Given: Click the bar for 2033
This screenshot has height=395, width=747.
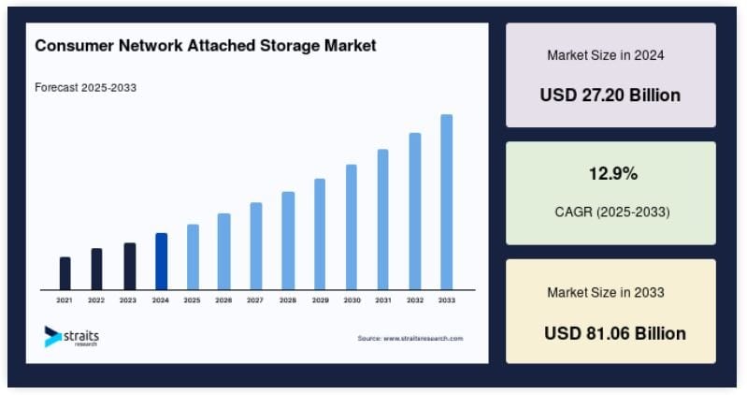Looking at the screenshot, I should pos(447,201).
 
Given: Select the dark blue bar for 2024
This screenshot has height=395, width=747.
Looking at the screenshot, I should pos(161,261).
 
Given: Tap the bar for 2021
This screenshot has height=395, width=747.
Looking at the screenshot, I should pos(65,272).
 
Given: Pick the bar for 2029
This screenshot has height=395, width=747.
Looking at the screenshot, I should pos(320,233).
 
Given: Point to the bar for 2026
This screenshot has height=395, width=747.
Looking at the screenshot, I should pos(223,251).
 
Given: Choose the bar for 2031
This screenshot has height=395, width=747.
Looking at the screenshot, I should pos(383,219).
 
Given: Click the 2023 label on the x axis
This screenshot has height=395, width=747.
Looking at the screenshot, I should pos(128,300).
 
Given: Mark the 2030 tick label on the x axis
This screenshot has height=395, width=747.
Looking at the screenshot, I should pos(352,300).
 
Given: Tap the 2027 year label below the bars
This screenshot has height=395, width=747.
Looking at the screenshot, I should pos(255,300).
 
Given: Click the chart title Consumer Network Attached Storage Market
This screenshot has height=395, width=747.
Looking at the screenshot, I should pos(206,46).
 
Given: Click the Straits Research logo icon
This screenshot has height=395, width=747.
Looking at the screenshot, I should pos(52,337).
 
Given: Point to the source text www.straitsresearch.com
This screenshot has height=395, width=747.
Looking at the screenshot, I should pos(410,338).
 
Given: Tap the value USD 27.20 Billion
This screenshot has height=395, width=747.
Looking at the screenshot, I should pos(611,95).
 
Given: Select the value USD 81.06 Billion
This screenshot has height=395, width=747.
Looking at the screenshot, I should pos(614,332).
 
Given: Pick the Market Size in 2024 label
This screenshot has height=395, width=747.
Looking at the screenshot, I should pos(606,55).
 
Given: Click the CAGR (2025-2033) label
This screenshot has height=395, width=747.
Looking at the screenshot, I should pos(612,212).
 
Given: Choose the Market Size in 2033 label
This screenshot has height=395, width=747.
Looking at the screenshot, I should pos(606,293).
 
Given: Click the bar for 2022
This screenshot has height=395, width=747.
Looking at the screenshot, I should pos(96,269).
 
